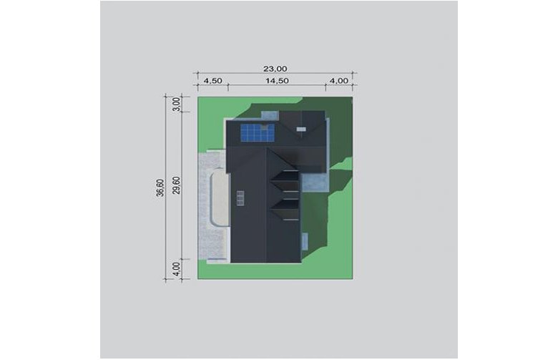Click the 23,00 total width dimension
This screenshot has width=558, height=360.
coord(275,69)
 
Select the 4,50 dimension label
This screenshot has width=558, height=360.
coord(212,81)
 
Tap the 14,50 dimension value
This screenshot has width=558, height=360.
coord(278,81)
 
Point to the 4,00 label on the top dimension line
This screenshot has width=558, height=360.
coord(339,81)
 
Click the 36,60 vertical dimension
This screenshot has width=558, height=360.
coord(160,188)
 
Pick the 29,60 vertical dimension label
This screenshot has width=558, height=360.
coord(176,185)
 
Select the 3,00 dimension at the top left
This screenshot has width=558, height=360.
coord(177,104)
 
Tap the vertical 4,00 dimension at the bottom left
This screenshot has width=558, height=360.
coord(177,269)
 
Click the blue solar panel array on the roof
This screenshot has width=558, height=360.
coord(258,132)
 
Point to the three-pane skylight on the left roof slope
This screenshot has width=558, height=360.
coord(240,198)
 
